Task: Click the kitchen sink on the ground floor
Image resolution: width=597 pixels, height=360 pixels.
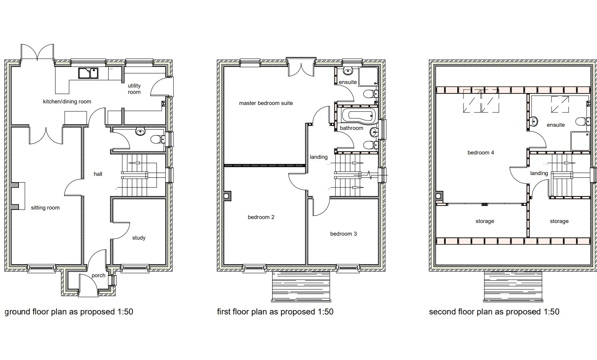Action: tap(88, 73)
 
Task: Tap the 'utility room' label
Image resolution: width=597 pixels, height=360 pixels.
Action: tap(134, 89)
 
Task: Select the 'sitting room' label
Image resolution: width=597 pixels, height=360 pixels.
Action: tap(45, 208)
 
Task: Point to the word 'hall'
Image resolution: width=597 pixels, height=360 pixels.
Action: tap(98, 174)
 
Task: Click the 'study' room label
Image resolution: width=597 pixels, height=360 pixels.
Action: tap(139, 238)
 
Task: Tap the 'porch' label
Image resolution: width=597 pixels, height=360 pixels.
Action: tap(98, 276)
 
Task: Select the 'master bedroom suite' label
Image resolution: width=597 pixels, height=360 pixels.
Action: tap(266, 103)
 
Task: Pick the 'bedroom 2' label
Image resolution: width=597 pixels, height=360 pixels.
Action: tap(261, 217)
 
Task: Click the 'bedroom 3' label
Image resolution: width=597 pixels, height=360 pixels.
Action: tap(343, 234)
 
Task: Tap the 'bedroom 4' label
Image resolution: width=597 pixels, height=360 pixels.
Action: tap(481, 153)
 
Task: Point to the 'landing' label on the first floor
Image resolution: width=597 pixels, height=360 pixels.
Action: tap(319, 157)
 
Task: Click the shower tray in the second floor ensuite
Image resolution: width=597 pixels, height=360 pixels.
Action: tap(580, 141)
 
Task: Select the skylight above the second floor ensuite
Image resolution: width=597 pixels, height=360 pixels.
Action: tap(560, 104)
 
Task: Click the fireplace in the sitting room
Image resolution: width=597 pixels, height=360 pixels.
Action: tap(18, 196)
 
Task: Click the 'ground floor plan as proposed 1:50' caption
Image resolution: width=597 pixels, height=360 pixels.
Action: tap(69, 312)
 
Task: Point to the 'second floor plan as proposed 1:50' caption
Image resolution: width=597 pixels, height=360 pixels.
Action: tap(494, 312)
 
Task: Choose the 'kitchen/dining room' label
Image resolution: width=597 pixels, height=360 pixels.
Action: tap(67, 101)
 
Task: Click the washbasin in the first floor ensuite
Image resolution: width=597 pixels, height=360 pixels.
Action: tap(348, 71)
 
